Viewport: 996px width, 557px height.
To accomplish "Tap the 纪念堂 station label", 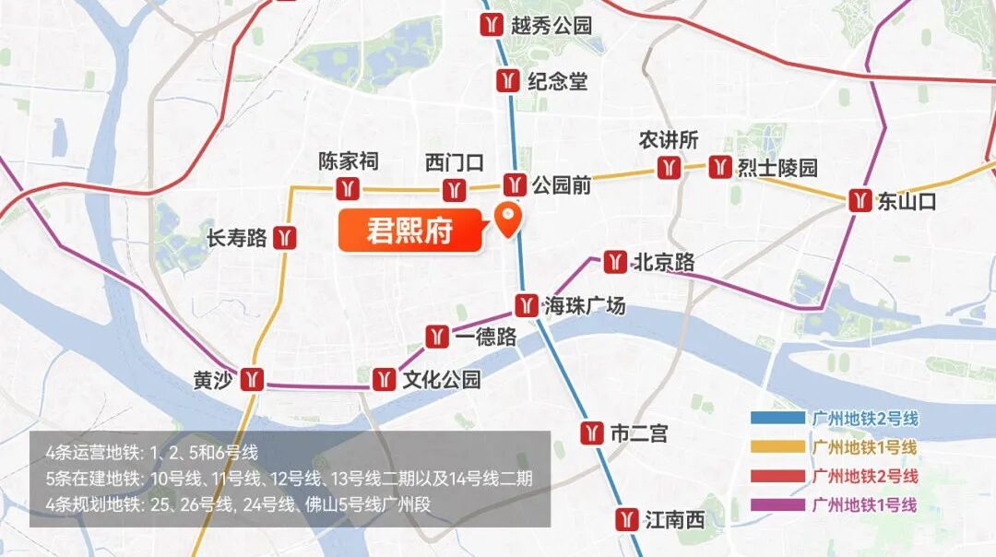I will tap(557, 81).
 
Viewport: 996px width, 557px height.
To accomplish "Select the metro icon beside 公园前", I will tap(515, 184).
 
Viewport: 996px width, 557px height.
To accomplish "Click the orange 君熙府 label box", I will tap(410, 231).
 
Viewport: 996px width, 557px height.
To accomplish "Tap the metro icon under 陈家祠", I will tap(348, 189).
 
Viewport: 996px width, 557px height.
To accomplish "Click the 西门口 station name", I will tap(454, 163).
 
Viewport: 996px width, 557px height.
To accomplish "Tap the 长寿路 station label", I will tap(237, 239).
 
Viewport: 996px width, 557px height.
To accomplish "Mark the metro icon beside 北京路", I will tap(615, 262).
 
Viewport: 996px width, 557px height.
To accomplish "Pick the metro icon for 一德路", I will tap(438, 337).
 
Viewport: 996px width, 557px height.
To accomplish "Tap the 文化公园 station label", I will tap(441, 379).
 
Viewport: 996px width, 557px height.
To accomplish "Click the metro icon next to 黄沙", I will tap(252, 379).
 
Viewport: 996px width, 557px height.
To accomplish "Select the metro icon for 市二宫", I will tap(592, 433).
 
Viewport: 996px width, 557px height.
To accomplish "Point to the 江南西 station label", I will tap(675, 520).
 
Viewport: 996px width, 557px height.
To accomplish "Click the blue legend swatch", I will tap(777, 419).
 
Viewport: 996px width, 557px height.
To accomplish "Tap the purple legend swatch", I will tap(777, 504).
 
